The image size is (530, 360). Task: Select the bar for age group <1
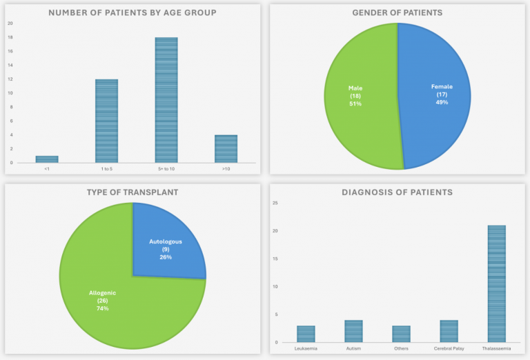[x=47, y=159]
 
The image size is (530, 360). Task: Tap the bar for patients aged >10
[x=226, y=149]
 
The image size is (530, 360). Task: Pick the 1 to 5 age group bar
[x=106, y=121]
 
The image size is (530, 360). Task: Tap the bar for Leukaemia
[x=306, y=334]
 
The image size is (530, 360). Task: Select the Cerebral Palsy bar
[x=449, y=331]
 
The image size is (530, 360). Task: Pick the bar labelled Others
[x=401, y=334]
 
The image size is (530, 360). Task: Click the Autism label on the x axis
[x=353, y=348]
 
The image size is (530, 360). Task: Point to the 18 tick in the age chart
[x=10, y=37]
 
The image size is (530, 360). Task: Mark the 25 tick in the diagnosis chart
[x=275, y=203]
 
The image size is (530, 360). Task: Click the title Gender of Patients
[x=397, y=12]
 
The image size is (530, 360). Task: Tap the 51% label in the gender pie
[x=355, y=103]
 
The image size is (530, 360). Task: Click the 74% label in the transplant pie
[x=102, y=308]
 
